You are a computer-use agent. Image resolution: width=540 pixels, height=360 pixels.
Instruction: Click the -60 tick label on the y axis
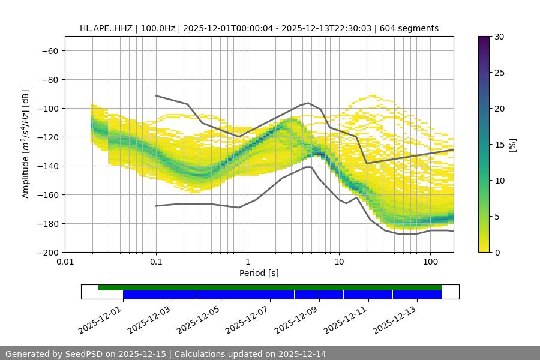click(49, 50)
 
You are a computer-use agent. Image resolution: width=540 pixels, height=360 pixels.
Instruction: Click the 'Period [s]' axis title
click(259, 273)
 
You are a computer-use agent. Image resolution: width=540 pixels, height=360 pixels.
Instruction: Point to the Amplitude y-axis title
click(26, 144)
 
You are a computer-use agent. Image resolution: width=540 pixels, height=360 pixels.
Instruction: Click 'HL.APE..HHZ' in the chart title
click(106, 28)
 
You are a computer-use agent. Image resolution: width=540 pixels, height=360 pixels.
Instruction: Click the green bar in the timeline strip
click(270, 287)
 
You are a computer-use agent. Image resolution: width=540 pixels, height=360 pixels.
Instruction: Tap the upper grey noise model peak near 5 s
click(308, 103)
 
